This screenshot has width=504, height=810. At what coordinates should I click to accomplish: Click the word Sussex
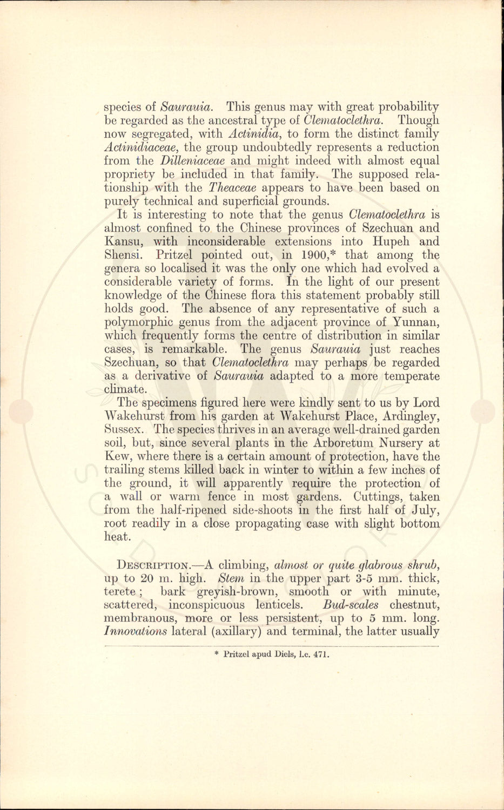point(124,430)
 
